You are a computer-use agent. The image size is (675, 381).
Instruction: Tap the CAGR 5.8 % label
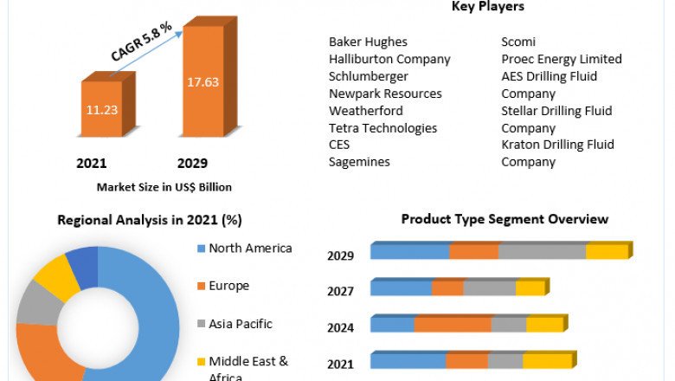tap(142, 41)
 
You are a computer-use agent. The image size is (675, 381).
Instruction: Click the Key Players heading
tap(487, 7)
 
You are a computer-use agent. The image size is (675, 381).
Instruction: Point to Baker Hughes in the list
tap(368, 42)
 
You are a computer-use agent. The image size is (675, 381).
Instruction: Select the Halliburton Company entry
tap(389, 59)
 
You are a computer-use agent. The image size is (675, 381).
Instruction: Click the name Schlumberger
tap(369, 76)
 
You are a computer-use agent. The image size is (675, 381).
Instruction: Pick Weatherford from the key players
tap(366, 111)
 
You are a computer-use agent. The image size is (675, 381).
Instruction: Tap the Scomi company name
tap(518, 42)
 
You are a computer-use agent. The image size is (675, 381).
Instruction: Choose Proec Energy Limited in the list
tap(562, 59)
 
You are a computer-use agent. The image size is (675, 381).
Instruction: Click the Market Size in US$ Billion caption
tap(164, 186)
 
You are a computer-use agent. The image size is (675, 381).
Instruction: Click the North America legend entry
tap(249, 249)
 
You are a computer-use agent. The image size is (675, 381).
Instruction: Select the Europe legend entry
tap(228, 286)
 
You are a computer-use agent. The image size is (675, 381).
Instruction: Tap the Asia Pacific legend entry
tap(240, 324)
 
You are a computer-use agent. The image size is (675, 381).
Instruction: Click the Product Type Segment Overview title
tap(505, 219)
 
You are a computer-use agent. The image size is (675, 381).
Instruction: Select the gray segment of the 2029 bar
tap(543, 251)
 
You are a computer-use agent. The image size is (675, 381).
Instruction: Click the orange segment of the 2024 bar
tap(453, 324)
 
